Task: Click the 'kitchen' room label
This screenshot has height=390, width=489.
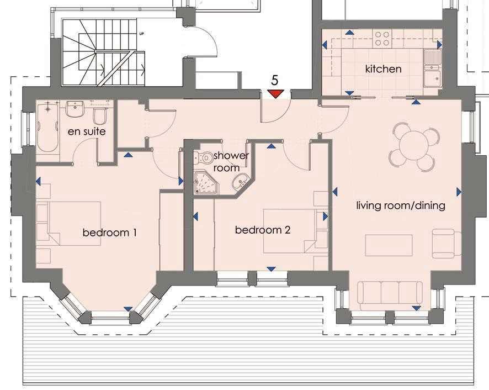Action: (x=383, y=69)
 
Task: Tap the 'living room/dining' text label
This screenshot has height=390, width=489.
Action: (x=400, y=206)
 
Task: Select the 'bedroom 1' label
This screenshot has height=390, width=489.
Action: (x=109, y=233)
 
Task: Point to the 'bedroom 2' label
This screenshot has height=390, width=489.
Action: (x=263, y=230)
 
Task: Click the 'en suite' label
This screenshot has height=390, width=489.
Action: (x=86, y=132)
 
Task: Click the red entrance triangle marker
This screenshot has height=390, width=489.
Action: (x=276, y=94)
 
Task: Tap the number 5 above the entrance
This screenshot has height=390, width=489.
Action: (x=275, y=81)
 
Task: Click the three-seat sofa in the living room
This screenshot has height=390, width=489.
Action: (x=390, y=295)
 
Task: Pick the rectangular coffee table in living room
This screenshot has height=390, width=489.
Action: (x=389, y=245)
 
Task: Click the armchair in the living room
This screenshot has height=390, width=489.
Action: (x=446, y=244)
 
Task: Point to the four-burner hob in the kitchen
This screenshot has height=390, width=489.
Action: (x=382, y=38)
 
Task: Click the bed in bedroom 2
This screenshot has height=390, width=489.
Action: (x=289, y=230)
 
